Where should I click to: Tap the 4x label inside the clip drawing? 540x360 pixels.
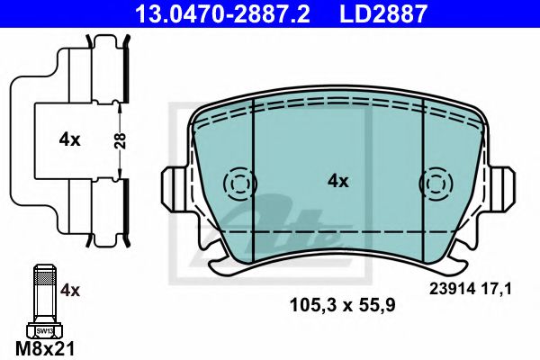(69, 139)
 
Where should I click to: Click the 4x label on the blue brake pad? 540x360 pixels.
(337, 181)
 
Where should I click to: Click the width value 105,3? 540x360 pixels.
(309, 305)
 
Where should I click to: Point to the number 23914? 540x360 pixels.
(449, 289)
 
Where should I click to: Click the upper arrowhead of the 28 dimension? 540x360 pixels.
(120, 106)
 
